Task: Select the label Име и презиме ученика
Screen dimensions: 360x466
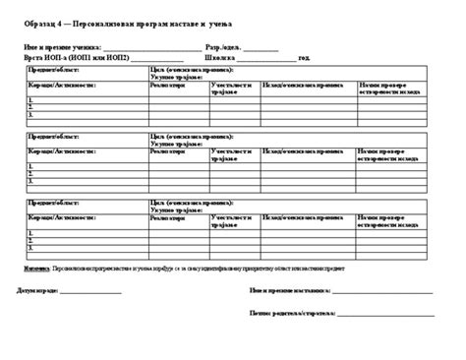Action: (x=58, y=46)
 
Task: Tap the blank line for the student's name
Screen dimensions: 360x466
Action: (x=148, y=47)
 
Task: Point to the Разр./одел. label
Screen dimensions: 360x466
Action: (x=222, y=46)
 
